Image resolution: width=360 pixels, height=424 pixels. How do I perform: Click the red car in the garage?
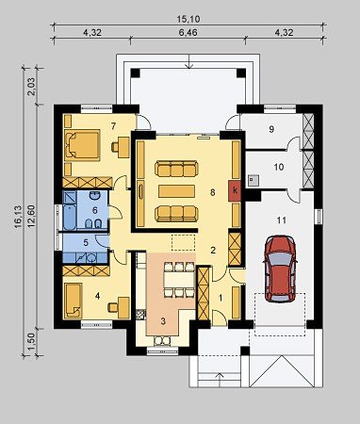pyautogui.click(x=280, y=269)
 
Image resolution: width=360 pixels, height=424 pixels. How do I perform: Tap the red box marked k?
pyautogui.click(x=235, y=190)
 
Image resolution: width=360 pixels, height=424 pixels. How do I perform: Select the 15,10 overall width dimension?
pyautogui.click(x=188, y=19)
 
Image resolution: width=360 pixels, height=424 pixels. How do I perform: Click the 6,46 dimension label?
pyautogui.click(x=188, y=32)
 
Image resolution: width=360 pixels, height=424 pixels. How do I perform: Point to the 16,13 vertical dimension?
pyautogui.click(x=18, y=216)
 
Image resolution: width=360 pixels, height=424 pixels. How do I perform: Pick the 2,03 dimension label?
pyautogui.click(x=32, y=85)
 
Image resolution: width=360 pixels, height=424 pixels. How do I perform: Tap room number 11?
pyautogui.click(x=282, y=220)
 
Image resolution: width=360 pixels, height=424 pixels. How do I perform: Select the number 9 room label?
pyautogui.click(x=271, y=129)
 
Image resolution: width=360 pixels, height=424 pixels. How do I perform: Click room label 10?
pyautogui.click(x=279, y=167)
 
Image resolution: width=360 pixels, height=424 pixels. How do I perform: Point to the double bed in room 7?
pyautogui.click(x=82, y=145)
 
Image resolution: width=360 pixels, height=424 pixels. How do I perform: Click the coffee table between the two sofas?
pyautogui.click(x=176, y=191)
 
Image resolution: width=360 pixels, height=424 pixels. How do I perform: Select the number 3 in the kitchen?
pyautogui.click(x=163, y=321)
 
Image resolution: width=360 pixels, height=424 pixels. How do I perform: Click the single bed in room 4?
pyautogui.click(x=74, y=301)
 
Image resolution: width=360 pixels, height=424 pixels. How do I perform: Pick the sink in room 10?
pyautogui.click(x=254, y=180)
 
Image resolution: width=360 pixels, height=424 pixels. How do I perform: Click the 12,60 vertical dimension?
pyautogui.click(x=32, y=216)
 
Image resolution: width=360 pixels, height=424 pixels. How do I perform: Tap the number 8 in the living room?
pyautogui.click(x=213, y=192)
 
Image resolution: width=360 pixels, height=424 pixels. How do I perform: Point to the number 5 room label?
pyautogui.click(x=86, y=242)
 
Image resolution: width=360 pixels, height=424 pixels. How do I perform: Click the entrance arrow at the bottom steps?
pyautogui.click(x=220, y=380)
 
